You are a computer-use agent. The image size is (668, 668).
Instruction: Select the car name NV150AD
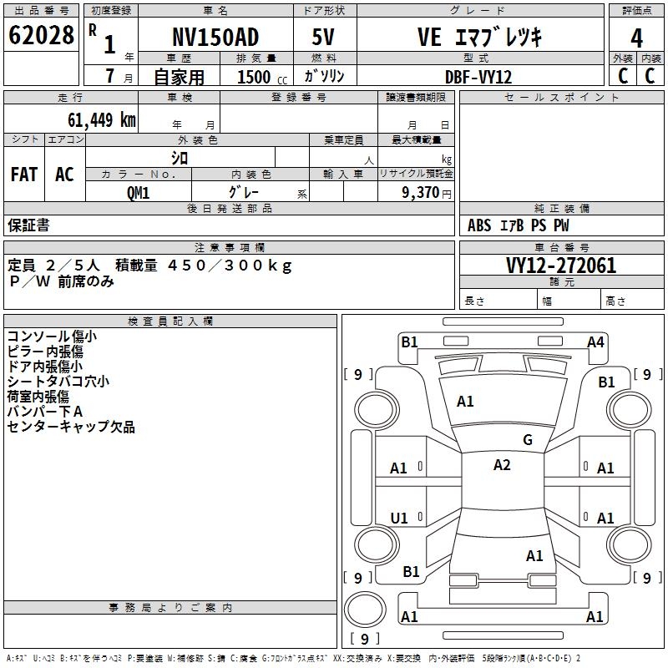point(215,38)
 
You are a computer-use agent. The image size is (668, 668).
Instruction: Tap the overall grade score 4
point(637,38)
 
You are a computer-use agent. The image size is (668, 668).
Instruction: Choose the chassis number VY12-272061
point(560,266)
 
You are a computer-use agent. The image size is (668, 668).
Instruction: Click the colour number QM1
point(138,192)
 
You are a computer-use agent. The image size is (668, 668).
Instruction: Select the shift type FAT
point(24,175)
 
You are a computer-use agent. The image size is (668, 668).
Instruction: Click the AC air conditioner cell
point(64,175)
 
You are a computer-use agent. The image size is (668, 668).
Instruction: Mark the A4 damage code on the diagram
point(595,342)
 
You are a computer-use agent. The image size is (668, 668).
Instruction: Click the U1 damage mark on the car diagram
point(399,518)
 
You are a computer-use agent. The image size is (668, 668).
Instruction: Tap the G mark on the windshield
point(527,439)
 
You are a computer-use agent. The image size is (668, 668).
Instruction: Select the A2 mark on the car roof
point(502,465)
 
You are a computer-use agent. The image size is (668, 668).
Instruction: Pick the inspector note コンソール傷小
point(51,337)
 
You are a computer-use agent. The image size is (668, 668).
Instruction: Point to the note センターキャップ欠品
point(71,427)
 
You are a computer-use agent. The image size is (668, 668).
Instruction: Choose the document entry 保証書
point(28,225)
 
